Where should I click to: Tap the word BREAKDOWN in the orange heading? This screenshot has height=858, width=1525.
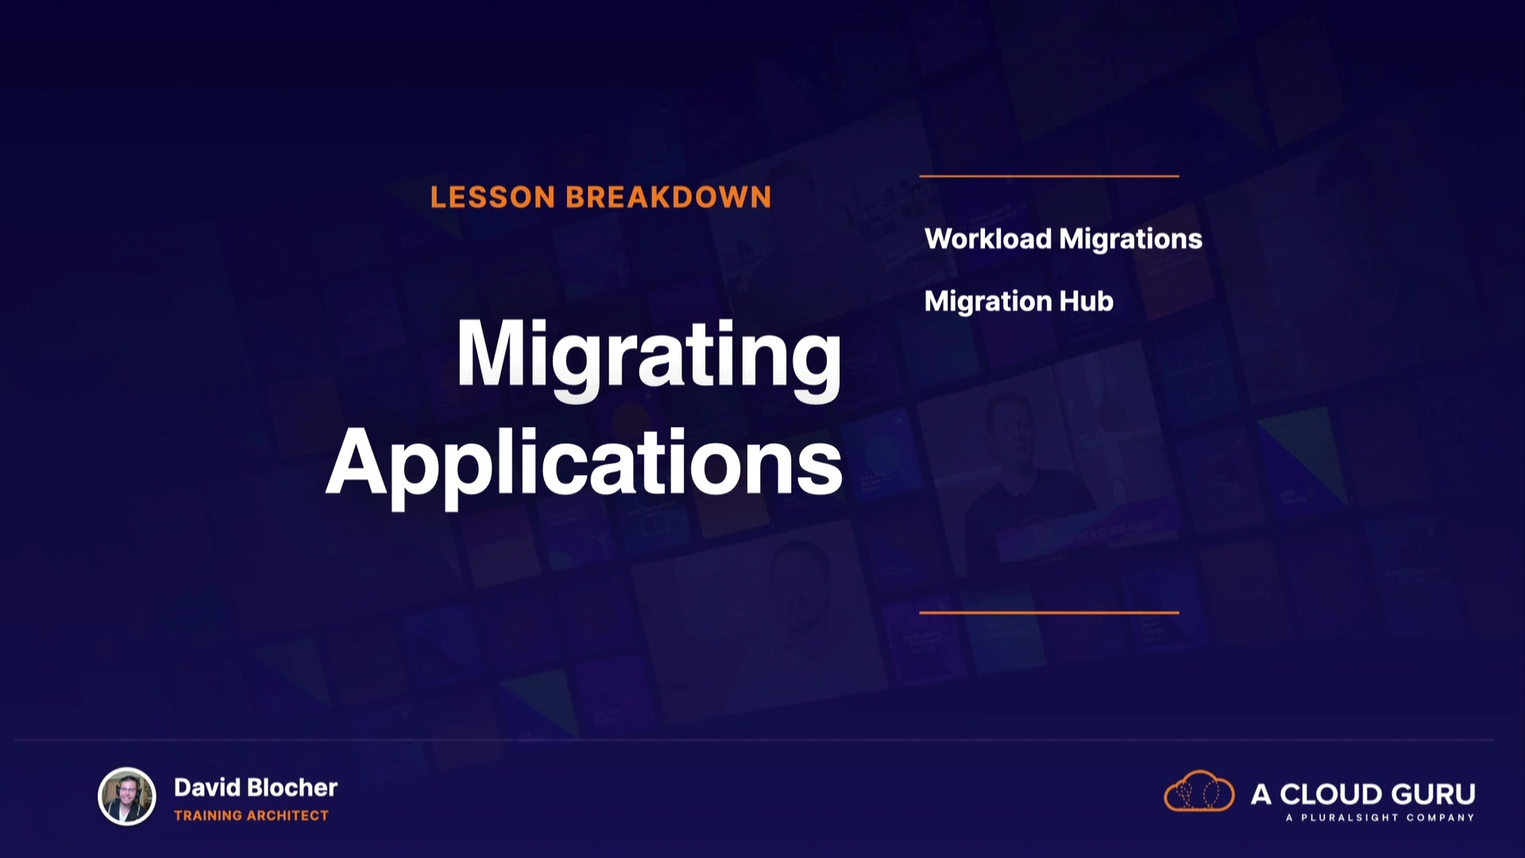[669, 197]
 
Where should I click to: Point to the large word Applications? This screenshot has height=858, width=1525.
[584, 464]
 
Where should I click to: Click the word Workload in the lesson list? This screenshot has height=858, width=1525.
[987, 238]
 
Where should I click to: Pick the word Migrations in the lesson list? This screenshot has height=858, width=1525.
[1131, 239]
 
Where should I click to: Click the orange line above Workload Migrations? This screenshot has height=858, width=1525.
[1049, 176]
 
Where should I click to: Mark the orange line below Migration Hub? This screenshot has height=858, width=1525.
[1049, 613]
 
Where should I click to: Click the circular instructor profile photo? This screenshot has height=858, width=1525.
[127, 797]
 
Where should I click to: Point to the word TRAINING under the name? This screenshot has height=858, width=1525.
[208, 815]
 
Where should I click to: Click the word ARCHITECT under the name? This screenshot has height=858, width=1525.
[288, 815]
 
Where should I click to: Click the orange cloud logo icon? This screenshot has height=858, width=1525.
[1199, 791]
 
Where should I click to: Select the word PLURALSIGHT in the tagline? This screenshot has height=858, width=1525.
[1349, 817]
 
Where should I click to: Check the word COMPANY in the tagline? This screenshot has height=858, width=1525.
[1441, 817]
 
